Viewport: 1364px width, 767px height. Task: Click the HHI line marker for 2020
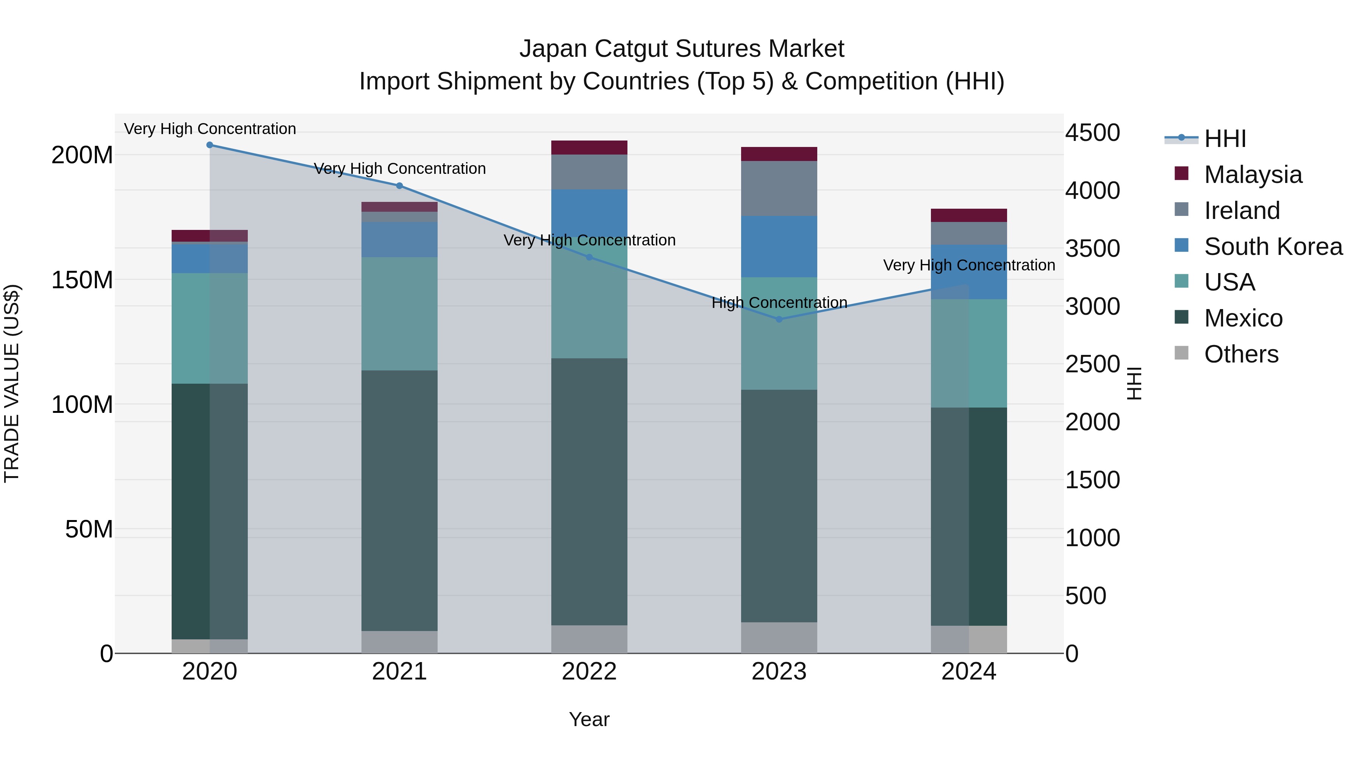tap(210, 145)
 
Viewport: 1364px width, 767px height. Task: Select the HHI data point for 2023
tap(779, 319)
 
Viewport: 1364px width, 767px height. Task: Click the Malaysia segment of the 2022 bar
tap(589, 148)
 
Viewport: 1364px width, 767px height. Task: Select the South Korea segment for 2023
tap(779, 246)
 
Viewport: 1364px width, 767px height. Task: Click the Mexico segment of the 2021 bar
tap(399, 500)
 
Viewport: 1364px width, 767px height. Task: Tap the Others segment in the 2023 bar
tap(779, 637)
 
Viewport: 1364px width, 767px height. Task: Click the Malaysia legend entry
tap(1253, 175)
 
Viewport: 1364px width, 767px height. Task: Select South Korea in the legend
tap(1273, 247)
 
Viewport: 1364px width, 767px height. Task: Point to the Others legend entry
tap(1241, 354)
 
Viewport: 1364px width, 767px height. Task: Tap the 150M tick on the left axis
tap(82, 280)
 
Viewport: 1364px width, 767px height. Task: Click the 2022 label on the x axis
tap(589, 672)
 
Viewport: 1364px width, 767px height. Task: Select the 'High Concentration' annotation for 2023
tap(779, 303)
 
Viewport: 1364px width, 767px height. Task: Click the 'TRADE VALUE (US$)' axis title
tap(12, 383)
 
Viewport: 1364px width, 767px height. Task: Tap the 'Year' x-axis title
tap(589, 719)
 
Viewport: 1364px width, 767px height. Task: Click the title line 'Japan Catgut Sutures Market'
tap(682, 49)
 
